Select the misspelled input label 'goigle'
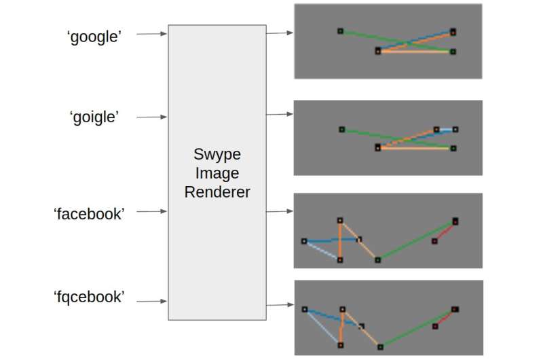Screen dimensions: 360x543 94,117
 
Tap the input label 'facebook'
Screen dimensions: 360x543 89,213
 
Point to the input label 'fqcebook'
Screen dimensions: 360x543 89,297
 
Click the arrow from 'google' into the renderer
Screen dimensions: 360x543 151,33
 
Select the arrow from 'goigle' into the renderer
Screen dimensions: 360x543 151,117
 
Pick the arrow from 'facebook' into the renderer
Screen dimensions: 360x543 151,212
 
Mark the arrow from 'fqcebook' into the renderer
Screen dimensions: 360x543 151,301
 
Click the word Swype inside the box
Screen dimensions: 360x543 217,154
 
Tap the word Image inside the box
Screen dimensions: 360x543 217,173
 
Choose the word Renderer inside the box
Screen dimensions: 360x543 217,192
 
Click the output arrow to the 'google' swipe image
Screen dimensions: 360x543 280,32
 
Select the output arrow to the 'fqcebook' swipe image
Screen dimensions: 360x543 280,305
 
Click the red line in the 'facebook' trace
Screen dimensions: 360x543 445,231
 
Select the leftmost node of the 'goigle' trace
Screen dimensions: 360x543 341,128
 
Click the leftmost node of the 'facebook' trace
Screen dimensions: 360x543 304,240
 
